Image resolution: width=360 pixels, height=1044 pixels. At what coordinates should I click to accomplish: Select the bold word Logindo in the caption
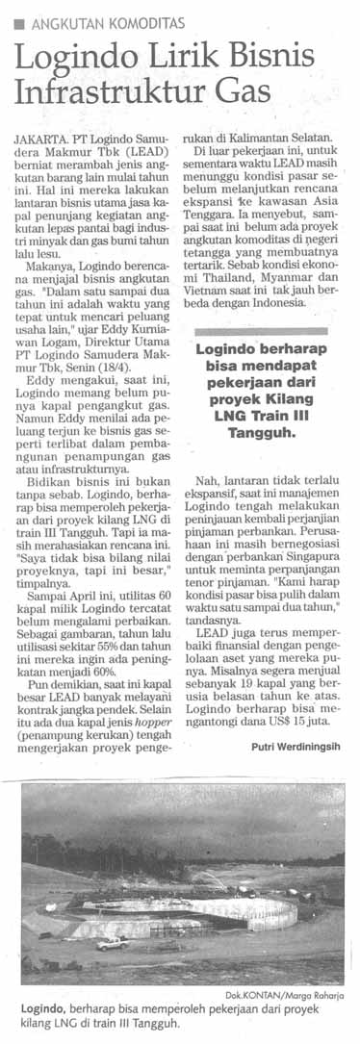pyautogui.click(x=40, y=1009)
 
